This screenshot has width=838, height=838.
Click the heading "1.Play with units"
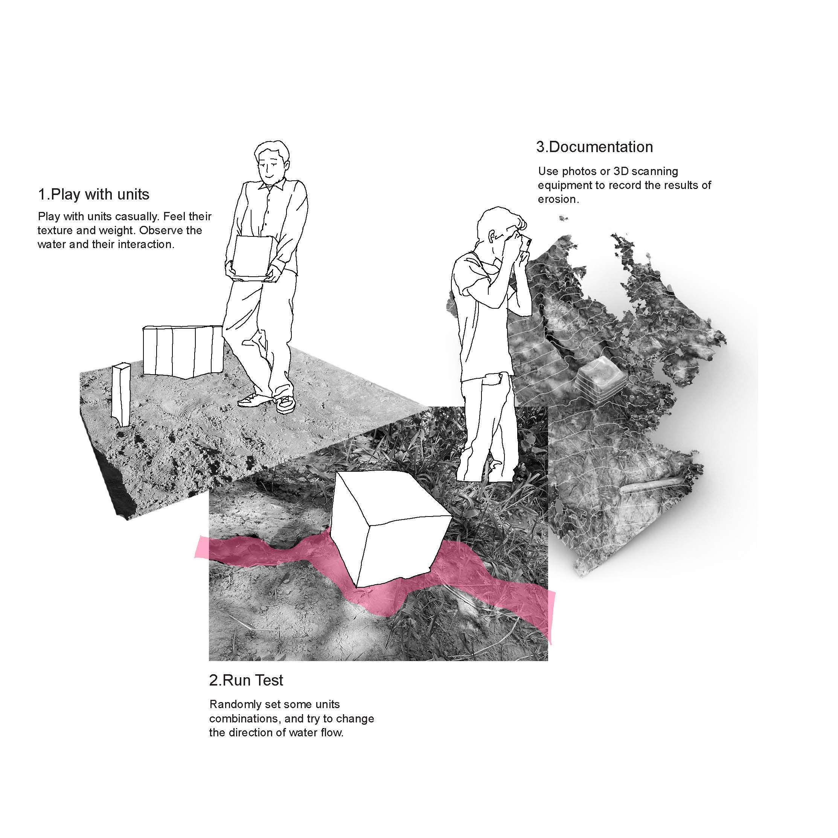[x=94, y=194]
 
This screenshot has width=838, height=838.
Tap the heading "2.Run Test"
[x=246, y=680]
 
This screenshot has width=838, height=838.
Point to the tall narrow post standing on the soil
[x=120, y=395]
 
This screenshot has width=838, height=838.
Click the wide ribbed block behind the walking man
[x=183, y=351]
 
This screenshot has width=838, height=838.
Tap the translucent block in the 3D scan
[x=600, y=378]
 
